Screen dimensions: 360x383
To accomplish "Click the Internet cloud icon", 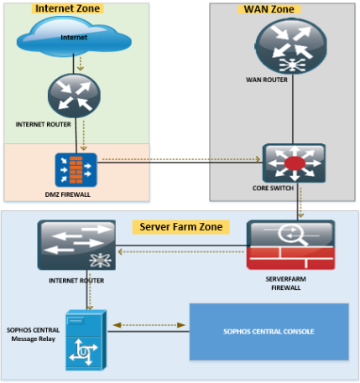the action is pos(74,36).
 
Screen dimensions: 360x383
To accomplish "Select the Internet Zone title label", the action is pos(68,8).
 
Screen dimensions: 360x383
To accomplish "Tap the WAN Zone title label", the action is pos(269,9).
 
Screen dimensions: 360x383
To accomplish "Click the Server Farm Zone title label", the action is pos(181,227).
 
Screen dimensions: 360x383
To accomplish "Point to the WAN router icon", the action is pos(291,46).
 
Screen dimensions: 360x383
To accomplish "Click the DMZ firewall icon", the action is pos(76,170).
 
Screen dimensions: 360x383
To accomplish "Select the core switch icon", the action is pos(294,163).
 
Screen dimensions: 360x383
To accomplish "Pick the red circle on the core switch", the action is pos(295,163).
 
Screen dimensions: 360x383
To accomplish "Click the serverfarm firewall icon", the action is pos(291,245).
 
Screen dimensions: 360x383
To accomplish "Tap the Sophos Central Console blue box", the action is pos(269,332).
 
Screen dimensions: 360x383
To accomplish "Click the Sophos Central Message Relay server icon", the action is pos(86,340).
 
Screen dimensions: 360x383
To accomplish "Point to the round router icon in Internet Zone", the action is pos(74,96).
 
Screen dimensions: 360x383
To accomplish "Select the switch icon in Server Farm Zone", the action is pos(76,245).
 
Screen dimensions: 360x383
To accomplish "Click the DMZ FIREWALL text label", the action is pos(68,194).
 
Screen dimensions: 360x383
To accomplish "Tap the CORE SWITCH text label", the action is pos(273,189).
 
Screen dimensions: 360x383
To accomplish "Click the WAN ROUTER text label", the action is pos(267,80).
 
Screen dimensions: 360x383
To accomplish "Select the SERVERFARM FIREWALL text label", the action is pos(286,283).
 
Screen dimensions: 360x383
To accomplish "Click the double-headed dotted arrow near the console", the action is pos(149,325).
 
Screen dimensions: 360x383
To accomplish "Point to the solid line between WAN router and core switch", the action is pos(293,109).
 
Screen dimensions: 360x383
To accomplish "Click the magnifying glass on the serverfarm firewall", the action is pos(292,235).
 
